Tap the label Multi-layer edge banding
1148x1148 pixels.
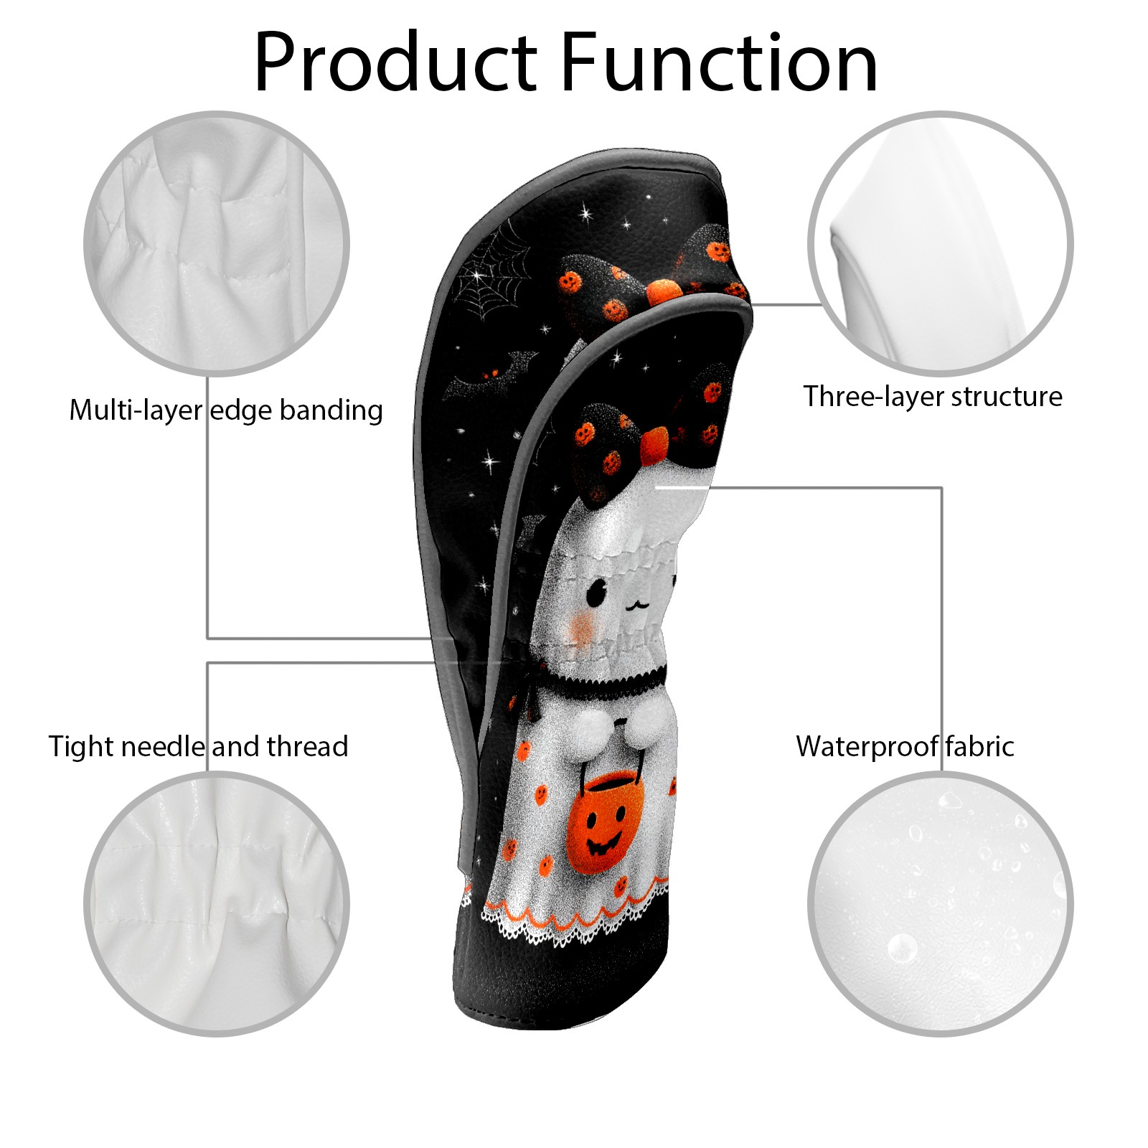pyautogui.click(x=226, y=410)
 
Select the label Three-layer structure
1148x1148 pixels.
pyautogui.click(x=932, y=397)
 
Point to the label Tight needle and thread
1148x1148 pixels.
pyautogui.click(x=198, y=747)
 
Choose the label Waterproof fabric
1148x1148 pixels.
pyautogui.click(x=905, y=747)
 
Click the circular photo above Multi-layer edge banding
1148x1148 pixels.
pyautogui.click(x=217, y=243)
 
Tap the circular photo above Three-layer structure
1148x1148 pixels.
pyautogui.click(x=940, y=243)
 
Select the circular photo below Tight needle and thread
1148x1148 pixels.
pyautogui.click(x=217, y=903)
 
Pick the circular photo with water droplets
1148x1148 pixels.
pyautogui.click(x=940, y=903)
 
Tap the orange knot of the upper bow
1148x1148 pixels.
pyautogui.click(x=664, y=291)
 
